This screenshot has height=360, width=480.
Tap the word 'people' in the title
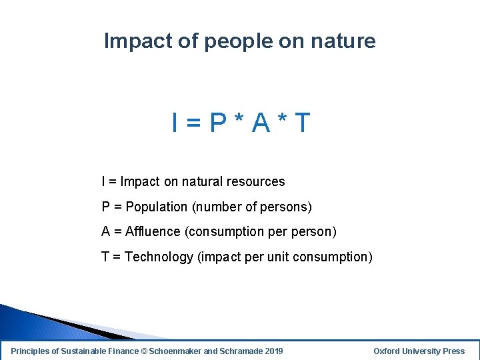coord(237,42)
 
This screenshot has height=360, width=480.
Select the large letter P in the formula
coord(217,123)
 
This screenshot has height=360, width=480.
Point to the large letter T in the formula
coord(301,123)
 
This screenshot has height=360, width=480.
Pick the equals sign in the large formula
coord(193,123)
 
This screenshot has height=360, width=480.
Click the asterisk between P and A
coord(239,120)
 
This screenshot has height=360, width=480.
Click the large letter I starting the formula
coord(175,123)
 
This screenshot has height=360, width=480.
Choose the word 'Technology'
coord(159,257)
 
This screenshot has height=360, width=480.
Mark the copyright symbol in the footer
coord(145,351)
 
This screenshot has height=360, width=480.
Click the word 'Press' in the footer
coord(453,351)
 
